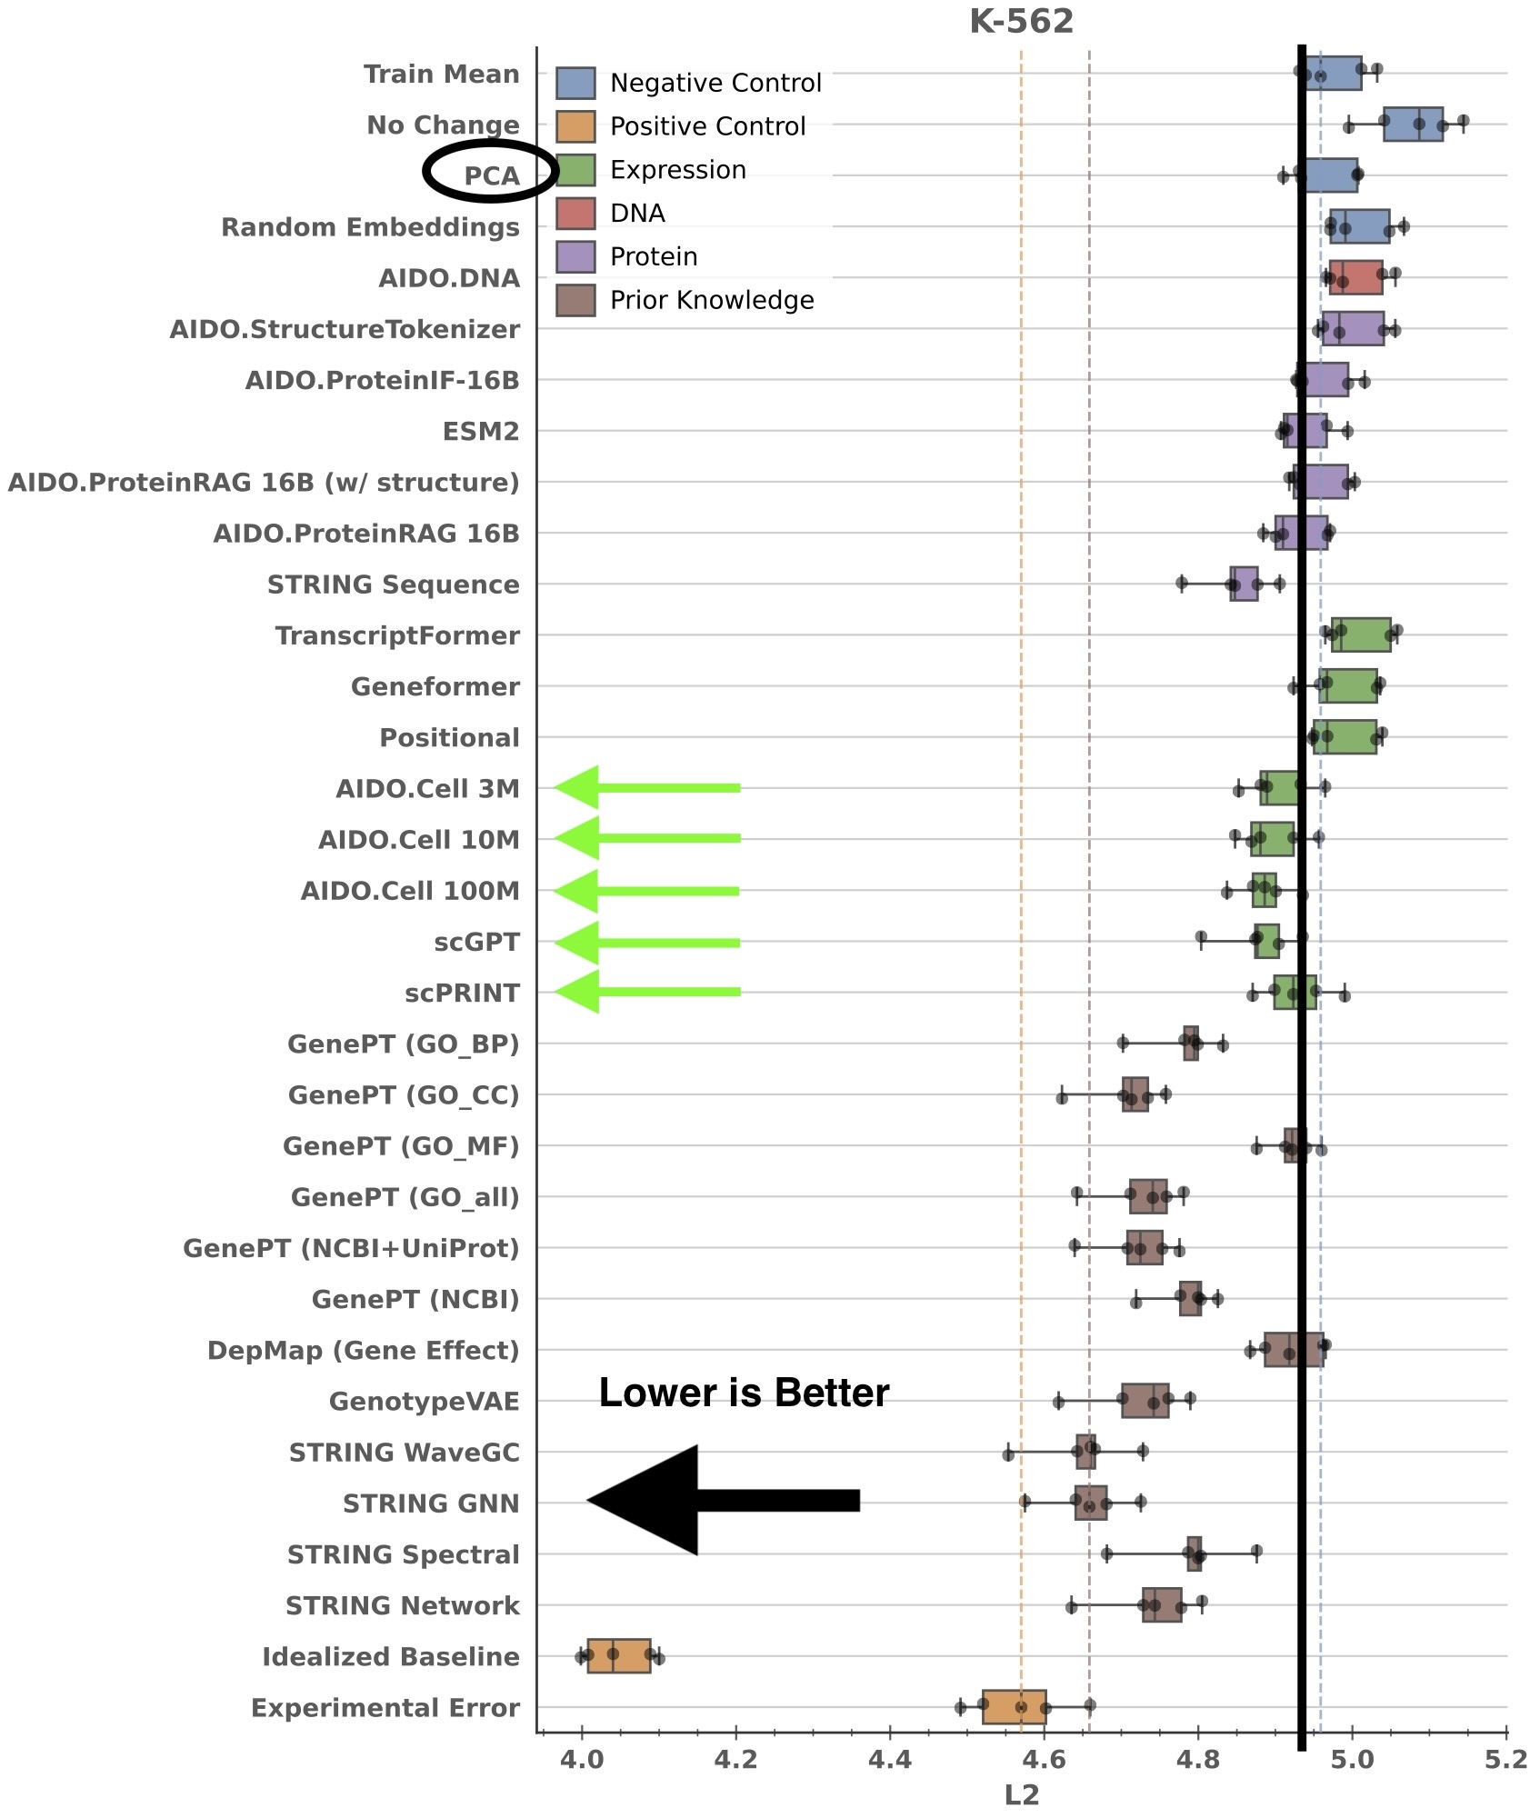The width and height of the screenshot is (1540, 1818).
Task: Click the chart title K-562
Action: (1021, 22)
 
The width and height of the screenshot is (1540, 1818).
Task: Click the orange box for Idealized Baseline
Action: (618, 1655)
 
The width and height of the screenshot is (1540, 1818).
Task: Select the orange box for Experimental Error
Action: (1014, 1706)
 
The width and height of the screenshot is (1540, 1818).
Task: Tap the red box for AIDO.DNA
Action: (1355, 277)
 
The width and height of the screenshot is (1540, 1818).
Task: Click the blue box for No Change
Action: (1412, 124)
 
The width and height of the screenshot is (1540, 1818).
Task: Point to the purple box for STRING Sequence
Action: (1243, 584)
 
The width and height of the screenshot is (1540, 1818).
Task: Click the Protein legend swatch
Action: (575, 257)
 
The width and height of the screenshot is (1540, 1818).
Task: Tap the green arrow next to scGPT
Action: (646, 943)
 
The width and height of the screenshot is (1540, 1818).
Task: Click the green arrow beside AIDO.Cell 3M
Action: (646, 787)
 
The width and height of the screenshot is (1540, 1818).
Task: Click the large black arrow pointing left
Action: (723, 1501)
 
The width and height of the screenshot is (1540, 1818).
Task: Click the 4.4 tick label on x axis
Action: (889, 1760)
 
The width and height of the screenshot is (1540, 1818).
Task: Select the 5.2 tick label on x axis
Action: (1505, 1760)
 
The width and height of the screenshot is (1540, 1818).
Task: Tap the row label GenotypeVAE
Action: (424, 1401)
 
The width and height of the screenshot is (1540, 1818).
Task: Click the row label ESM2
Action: (480, 431)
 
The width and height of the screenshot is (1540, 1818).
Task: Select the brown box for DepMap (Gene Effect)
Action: (1293, 1350)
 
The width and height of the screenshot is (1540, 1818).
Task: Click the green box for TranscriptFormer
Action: (1360, 634)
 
